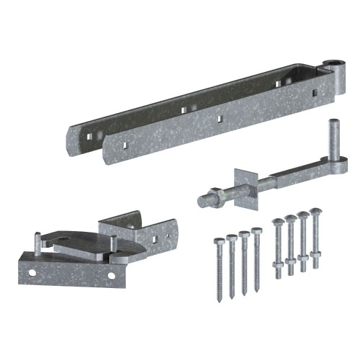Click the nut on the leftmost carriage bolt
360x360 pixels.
point(278,262)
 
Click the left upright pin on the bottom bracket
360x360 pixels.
point(36,242)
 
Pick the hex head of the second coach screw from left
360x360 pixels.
point(231,237)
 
